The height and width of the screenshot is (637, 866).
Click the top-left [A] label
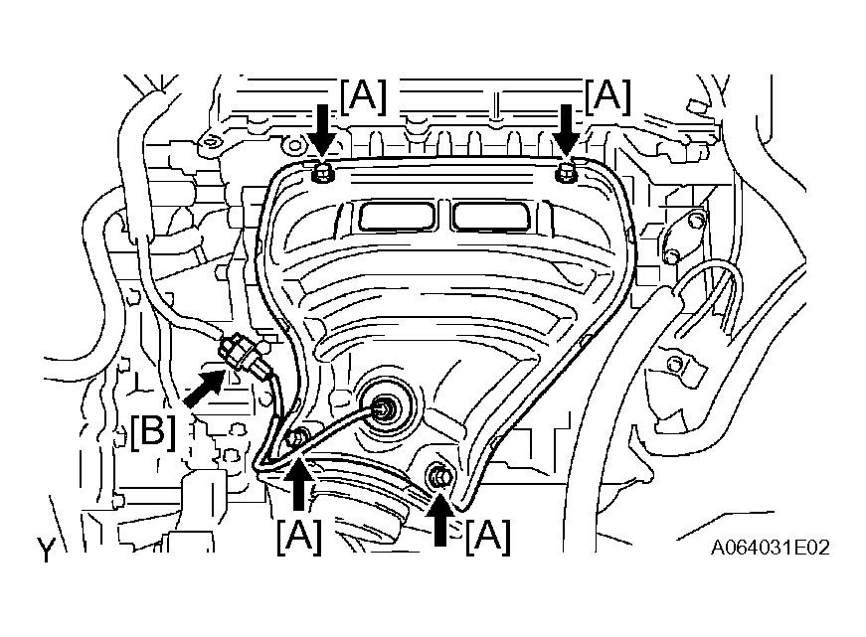(363, 96)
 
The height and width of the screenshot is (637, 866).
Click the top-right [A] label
(607, 96)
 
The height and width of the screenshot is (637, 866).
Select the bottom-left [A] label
(299, 537)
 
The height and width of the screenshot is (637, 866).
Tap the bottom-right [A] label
(488, 537)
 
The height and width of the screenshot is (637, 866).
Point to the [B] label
(153, 431)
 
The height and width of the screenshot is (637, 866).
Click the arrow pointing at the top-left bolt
(322, 132)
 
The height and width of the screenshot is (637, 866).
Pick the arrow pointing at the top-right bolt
(567, 132)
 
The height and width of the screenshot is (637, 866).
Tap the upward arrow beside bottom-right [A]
(440, 518)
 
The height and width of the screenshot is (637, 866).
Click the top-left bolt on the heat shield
(321, 173)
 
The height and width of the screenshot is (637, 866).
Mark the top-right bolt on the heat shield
(566, 172)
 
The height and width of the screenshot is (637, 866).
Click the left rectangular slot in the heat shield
(397, 216)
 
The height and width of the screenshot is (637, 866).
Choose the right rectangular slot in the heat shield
(490, 216)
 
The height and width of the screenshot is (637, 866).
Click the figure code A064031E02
(770, 548)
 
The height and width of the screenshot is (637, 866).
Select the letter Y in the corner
(47, 550)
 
